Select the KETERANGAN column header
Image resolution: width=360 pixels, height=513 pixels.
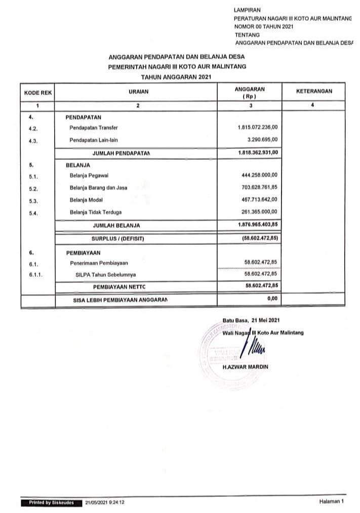pyautogui.click(x=314, y=91)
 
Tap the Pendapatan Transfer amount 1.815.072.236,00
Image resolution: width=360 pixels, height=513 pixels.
pyautogui.click(x=257, y=127)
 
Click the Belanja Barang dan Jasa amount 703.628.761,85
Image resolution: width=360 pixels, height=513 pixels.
pyautogui.click(x=260, y=188)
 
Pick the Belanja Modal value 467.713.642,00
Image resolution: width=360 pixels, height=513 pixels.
pyautogui.click(x=260, y=200)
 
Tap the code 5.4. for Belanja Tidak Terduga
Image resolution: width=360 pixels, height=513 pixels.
pyautogui.click(x=34, y=212)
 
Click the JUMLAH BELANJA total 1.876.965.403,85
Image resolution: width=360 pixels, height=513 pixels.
pyautogui.click(x=257, y=224)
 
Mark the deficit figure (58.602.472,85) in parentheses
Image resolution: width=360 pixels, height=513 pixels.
pyautogui.click(x=259, y=237)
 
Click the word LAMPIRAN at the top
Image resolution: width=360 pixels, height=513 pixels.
pyautogui.click(x=248, y=10)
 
